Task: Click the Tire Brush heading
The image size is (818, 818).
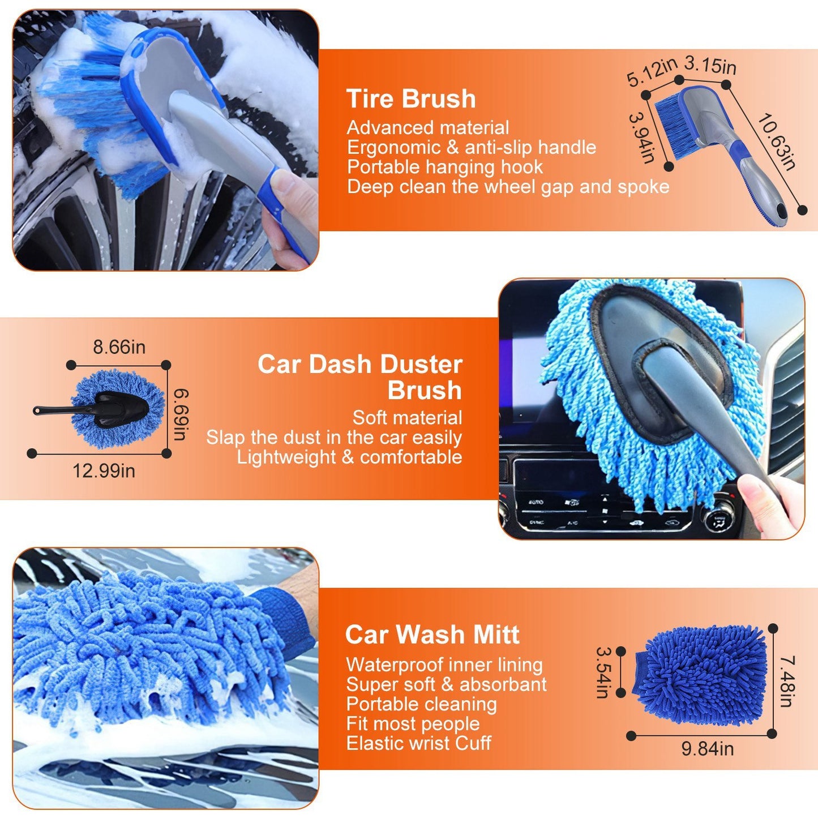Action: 411,98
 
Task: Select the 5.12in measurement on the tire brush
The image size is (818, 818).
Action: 651,72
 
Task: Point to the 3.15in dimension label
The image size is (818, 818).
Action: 710,65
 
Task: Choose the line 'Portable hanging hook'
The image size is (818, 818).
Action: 445,167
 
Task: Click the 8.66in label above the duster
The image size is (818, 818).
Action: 119,347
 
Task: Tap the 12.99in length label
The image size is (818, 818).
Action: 104,470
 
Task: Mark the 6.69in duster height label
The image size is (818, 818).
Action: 181,414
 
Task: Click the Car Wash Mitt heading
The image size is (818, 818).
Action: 432,635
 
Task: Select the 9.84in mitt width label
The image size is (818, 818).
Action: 707,748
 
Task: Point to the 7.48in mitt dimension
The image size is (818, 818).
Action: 787,681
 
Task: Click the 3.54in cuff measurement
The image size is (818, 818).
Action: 603,672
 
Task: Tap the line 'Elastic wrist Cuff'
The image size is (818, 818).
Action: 418,743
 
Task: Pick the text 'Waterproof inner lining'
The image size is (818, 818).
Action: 444,665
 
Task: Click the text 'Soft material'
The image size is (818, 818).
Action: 407,418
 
